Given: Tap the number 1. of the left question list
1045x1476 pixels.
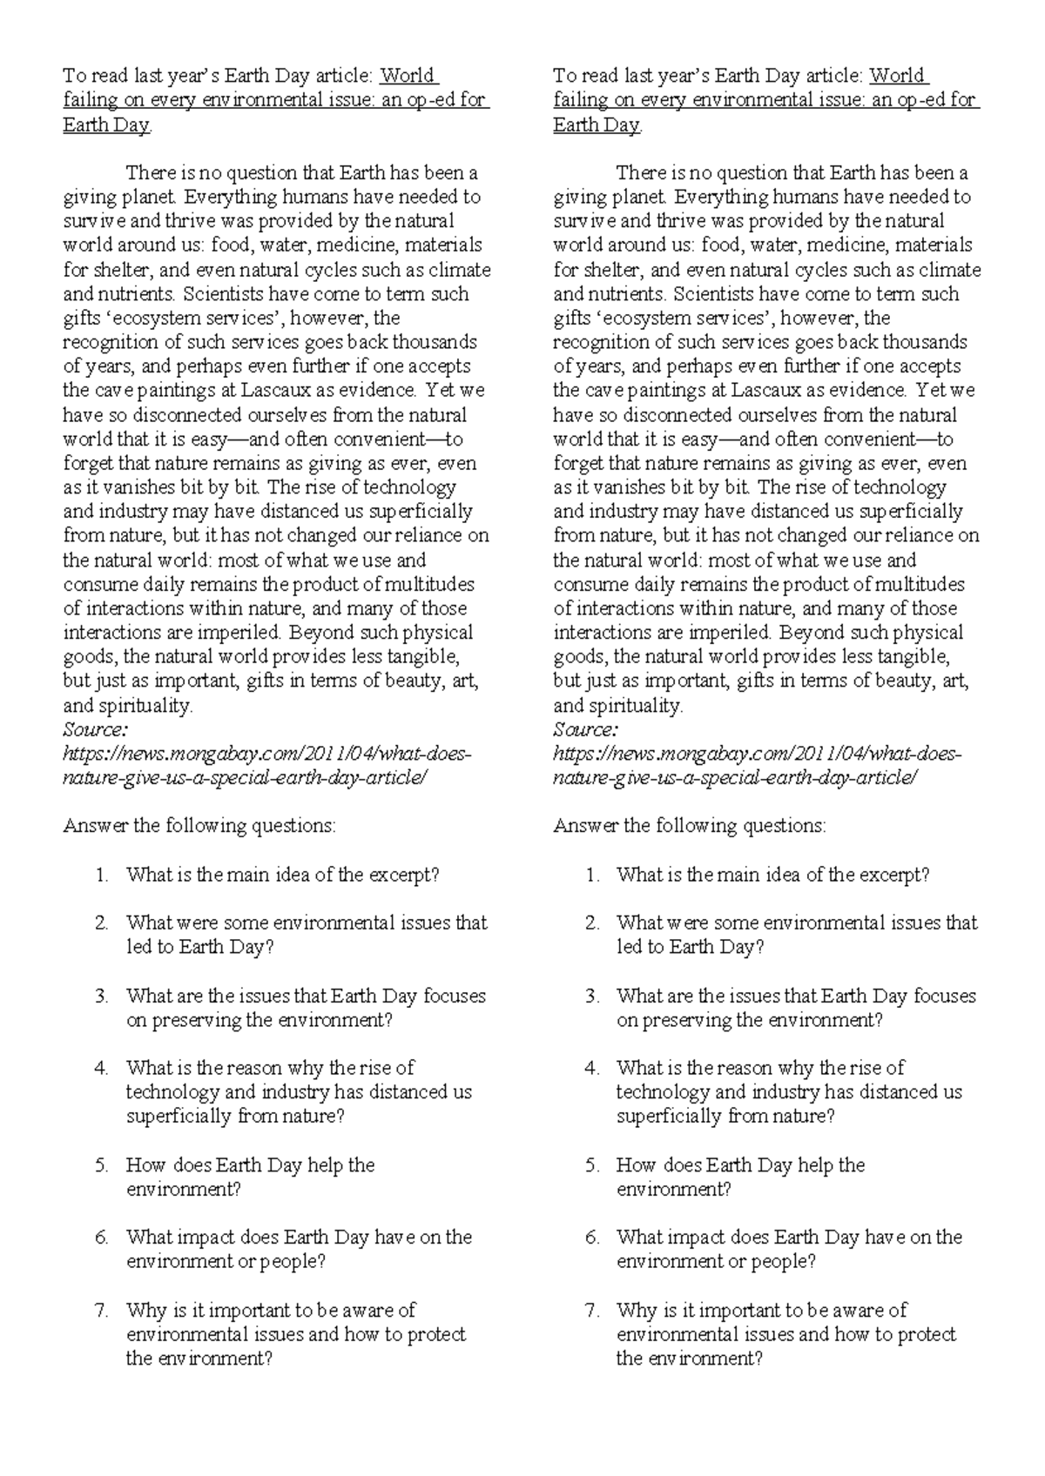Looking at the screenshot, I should point(102,875).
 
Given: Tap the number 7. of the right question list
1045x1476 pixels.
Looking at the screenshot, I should point(592,1310).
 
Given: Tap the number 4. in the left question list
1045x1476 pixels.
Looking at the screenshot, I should point(102,1067).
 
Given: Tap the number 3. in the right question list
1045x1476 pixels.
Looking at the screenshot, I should point(592,996).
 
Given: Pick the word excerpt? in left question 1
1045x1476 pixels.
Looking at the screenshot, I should point(404,875).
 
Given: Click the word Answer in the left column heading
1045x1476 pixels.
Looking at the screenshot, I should point(94,825).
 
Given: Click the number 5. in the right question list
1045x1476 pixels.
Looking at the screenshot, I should point(592,1164).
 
